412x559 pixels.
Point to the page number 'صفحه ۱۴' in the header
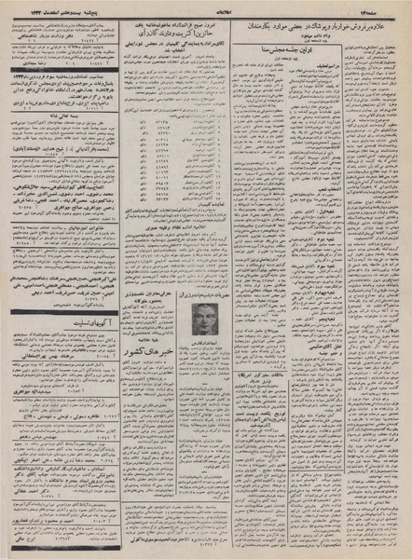click(383, 7)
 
